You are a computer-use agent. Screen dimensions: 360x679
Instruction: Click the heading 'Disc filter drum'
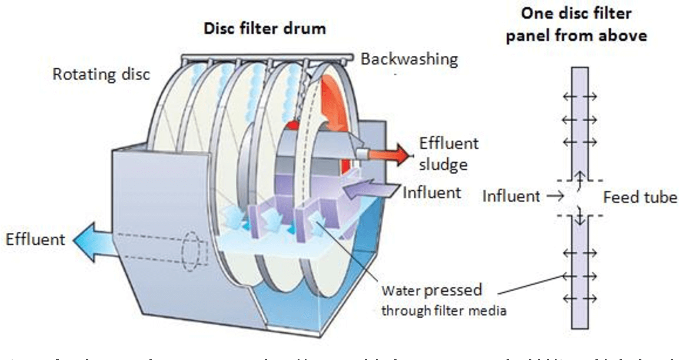pyautogui.click(x=264, y=28)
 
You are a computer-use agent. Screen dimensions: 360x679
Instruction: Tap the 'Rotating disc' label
pyautogui.click(x=101, y=75)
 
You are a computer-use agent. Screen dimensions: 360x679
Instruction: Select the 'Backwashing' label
pyautogui.click(x=409, y=59)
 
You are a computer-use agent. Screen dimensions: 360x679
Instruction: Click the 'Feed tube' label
pyautogui.click(x=640, y=197)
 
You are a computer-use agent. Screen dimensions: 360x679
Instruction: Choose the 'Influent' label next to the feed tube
pyautogui.click(x=511, y=196)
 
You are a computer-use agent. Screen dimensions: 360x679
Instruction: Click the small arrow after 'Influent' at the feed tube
pyautogui.click(x=553, y=196)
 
